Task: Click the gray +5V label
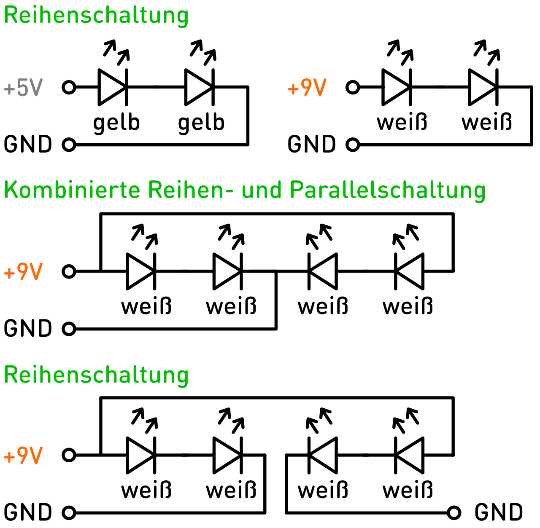tap(23, 88)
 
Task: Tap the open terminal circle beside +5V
tap(69, 88)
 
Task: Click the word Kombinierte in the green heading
tap(72, 190)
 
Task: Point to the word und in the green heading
tap(262, 190)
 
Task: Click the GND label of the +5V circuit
tap(28, 145)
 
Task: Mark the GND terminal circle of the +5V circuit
tap(69, 145)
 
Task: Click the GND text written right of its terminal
tap(499, 513)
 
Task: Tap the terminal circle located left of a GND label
tap(454, 513)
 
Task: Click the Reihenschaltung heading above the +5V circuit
tap(96, 15)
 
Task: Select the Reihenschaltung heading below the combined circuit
tap(96, 375)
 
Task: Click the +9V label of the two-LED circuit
tap(307, 88)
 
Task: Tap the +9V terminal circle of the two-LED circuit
tap(353, 88)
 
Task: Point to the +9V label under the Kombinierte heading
tap(23, 272)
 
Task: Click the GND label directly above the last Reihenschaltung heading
tap(28, 329)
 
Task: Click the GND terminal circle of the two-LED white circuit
tap(353, 145)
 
